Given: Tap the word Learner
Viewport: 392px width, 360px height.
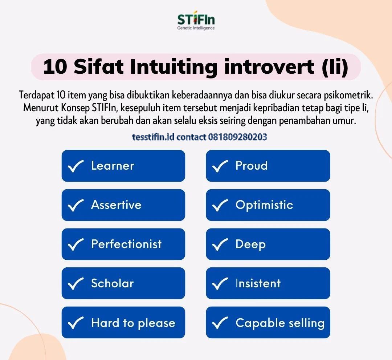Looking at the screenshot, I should pyautogui.click(x=113, y=166).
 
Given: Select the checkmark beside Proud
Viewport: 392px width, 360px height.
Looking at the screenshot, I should pyautogui.click(x=220, y=166).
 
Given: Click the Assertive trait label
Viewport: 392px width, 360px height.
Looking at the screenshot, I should pyautogui.click(x=116, y=205).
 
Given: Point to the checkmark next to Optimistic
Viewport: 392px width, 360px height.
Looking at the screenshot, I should pyautogui.click(x=220, y=206).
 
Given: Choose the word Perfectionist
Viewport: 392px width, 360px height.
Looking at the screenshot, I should pyautogui.click(x=126, y=244).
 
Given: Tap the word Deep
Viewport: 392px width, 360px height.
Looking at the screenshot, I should pyautogui.click(x=250, y=244).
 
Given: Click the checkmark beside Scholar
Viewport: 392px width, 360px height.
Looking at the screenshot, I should pyautogui.click(x=76, y=284).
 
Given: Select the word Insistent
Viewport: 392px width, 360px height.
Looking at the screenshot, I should pyautogui.click(x=258, y=283).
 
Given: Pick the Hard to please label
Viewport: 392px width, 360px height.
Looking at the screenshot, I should pyautogui.click(x=133, y=323).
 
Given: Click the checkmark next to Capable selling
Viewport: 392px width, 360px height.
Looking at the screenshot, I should pyautogui.click(x=220, y=323).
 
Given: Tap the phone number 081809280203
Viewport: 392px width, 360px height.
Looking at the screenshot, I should pyautogui.click(x=238, y=137).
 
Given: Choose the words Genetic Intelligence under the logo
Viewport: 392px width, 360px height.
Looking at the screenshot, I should pyautogui.click(x=196, y=28).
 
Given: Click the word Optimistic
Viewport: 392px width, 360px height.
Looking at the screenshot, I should pyautogui.click(x=264, y=205).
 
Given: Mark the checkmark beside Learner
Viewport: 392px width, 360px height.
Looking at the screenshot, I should pyautogui.click(x=76, y=166).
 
